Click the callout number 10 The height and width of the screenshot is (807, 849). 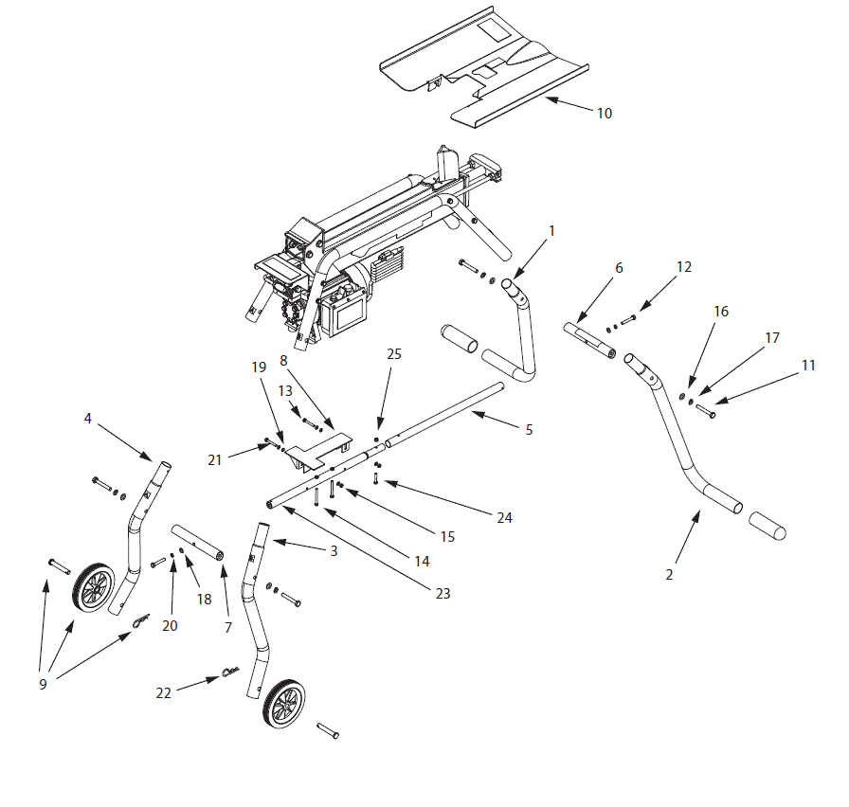(x=604, y=114)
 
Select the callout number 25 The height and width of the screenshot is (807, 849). (x=394, y=354)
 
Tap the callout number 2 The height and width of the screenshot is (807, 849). (x=669, y=574)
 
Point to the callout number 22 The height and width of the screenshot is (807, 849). (x=164, y=693)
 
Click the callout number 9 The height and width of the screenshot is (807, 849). (x=43, y=684)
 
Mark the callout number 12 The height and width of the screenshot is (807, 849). (x=684, y=268)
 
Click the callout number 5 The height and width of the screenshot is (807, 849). (x=529, y=430)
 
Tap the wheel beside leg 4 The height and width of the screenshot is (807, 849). (x=94, y=587)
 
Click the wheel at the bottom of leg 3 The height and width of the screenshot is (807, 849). (x=284, y=705)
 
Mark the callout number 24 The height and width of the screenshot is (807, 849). (x=503, y=517)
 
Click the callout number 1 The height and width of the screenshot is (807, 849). (x=552, y=230)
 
